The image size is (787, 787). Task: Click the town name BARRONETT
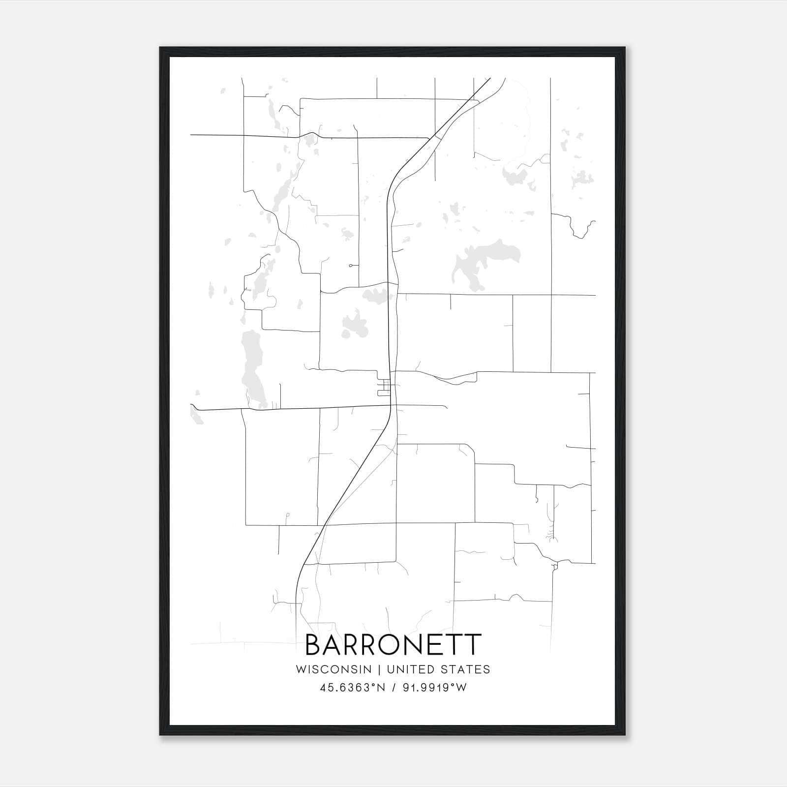(x=393, y=645)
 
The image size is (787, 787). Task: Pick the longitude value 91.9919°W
(x=434, y=688)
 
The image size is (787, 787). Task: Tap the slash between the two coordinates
(x=393, y=688)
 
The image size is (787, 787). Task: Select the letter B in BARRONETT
(x=313, y=645)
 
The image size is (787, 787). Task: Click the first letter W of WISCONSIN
(x=301, y=669)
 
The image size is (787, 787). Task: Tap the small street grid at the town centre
(x=384, y=388)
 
